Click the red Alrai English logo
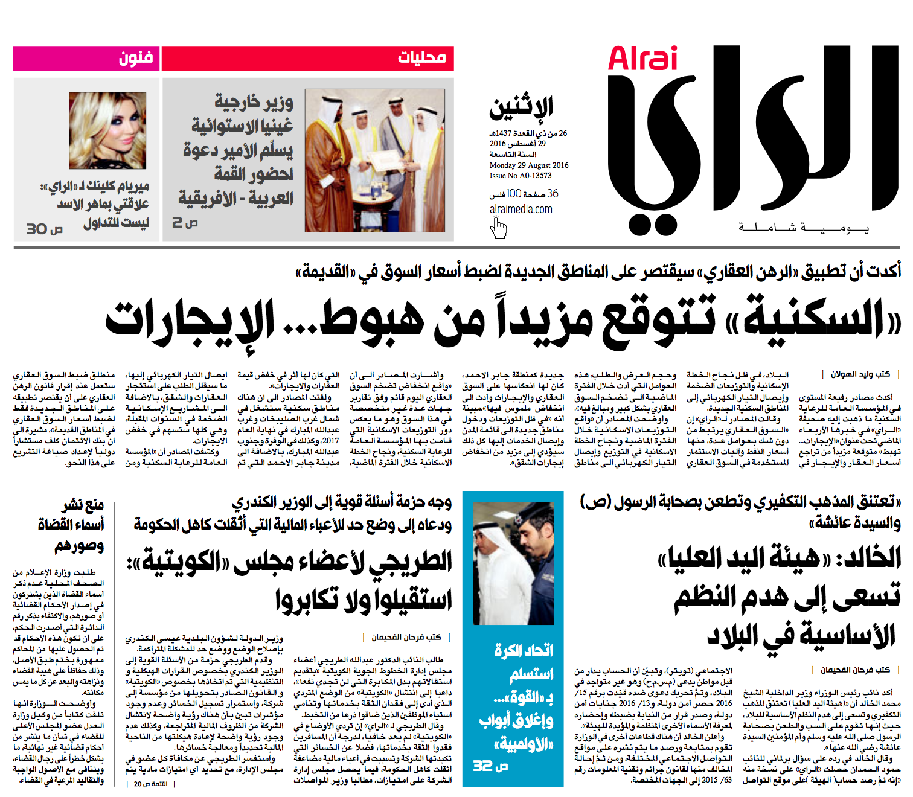coord(642,59)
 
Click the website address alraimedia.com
coord(521,210)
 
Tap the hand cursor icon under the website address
coord(499,228)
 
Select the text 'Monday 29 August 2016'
coord(528,165)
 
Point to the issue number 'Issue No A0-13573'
coord(520,176)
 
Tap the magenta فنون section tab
coord(135,59)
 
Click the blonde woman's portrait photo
coord(107,130)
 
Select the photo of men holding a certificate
coord(375,161)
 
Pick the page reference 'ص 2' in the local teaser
coord(185,222)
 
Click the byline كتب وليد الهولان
coord(860,374)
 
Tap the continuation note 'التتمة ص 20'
coord(150,784)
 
